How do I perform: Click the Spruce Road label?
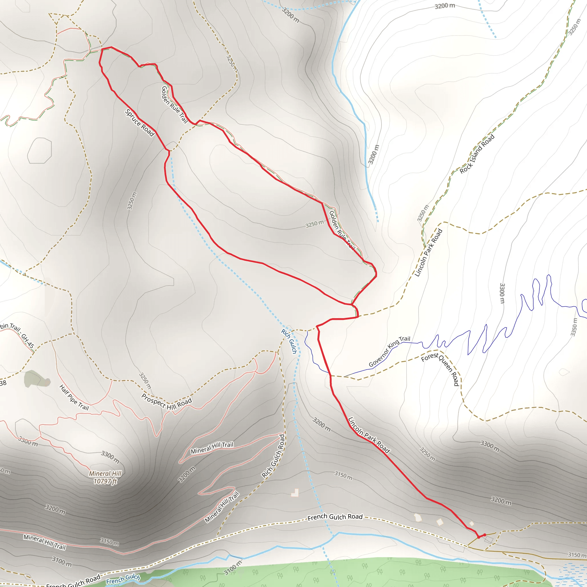(140, 123)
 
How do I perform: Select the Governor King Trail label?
(389, 351)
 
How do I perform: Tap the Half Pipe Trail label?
(74, 398)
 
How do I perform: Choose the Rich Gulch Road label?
(273, 456)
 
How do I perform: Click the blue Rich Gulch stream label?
(289, 341)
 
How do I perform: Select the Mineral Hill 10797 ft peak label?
(105, 477)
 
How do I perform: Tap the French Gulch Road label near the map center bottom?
(335, 517)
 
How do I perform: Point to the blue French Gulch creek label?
(123, 579)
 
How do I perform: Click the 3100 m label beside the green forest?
(233, 568)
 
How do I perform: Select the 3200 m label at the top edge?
(445, 6)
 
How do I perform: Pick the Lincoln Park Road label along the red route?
(369, 435)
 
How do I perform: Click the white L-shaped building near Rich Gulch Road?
(295, 492)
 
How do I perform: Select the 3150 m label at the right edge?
(577, 555)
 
